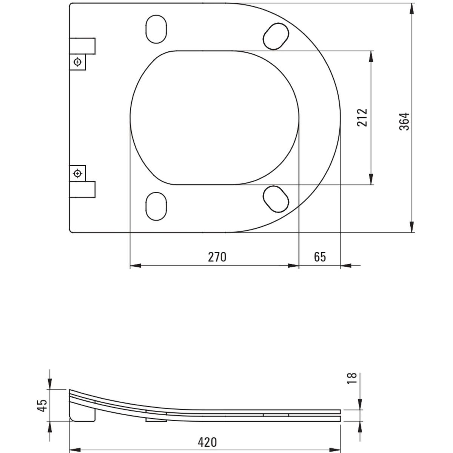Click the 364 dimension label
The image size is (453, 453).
tap(404, 122)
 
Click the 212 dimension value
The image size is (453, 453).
tap(362, 117)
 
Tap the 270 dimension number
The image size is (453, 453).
tap(217, 257)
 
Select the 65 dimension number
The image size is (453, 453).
tap(320, 257)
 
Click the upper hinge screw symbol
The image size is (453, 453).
tap(77, 62)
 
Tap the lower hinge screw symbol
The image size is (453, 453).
tap(77, 174)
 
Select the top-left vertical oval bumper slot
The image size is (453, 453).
tap(156, 29)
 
